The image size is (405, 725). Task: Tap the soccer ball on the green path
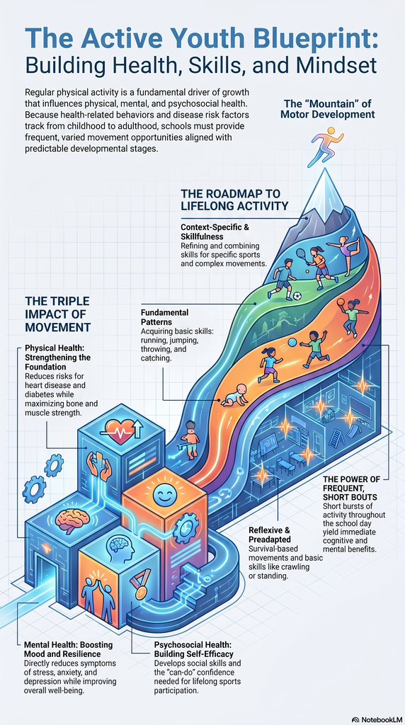(297, 296)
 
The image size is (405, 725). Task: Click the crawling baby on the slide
(235, 394)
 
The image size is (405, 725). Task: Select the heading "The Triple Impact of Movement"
(57, 314)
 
